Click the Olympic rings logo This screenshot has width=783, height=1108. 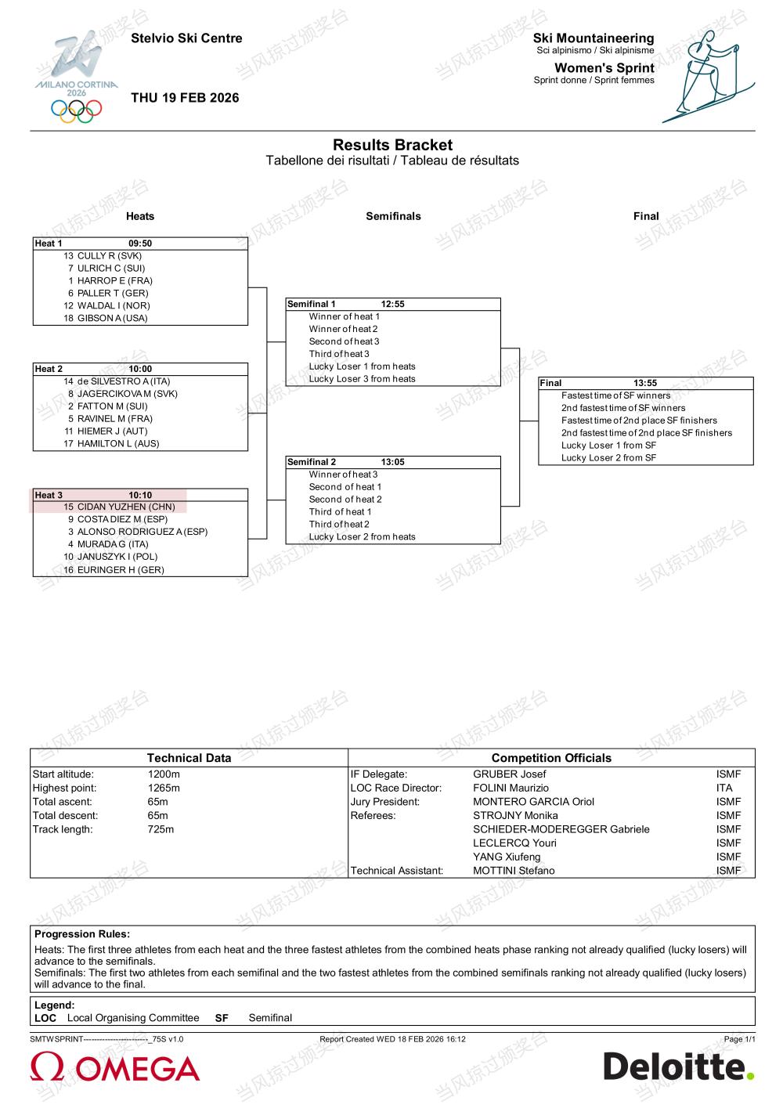pos(77,110)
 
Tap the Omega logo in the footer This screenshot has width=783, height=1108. pos(115,1068)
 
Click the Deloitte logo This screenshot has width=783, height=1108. pos(678,1066)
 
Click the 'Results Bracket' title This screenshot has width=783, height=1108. pos(392,145)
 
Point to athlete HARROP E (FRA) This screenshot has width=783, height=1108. pos(114,280)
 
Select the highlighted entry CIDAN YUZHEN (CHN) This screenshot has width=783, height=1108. pos(125,507)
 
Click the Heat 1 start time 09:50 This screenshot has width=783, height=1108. pos(140,244)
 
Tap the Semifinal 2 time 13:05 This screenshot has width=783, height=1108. pos(392,462)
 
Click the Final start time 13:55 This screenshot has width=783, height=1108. pos(645,383)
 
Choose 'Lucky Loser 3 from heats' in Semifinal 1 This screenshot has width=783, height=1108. pos(362,379)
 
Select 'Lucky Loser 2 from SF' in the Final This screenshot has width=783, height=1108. pos(608,458)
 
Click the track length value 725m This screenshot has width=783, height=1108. pos(161,829)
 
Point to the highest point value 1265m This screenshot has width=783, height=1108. pos(164,788)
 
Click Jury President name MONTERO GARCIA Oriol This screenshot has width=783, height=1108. pos(533,802)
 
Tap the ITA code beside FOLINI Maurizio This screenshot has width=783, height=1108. pos(724,788)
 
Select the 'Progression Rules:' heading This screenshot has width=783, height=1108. pos(82,934)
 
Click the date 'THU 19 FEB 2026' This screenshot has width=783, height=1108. pos(185,98)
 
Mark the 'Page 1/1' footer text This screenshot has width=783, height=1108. pos(739,1039)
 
